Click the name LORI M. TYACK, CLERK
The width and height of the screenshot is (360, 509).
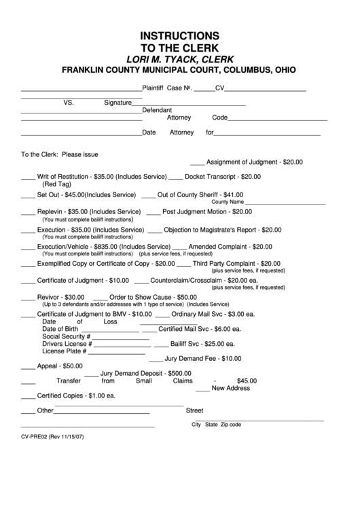[179, 58]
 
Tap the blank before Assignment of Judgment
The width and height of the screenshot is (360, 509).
[197, 164]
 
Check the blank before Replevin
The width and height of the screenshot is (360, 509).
[28, 213]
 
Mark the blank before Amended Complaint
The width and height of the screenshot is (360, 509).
[179, 248]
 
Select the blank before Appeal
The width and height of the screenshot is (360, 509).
[28, 368]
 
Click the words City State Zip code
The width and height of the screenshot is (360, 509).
[216, 424]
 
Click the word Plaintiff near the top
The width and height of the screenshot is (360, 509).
[153, 88]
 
